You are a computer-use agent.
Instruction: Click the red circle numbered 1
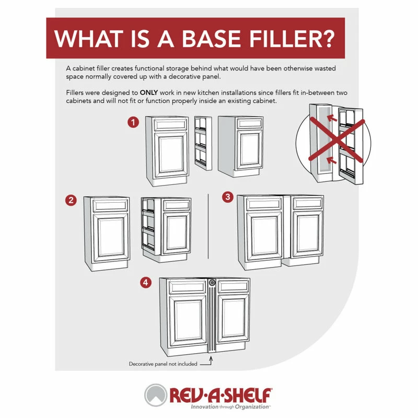134,122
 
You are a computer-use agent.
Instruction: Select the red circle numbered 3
227,197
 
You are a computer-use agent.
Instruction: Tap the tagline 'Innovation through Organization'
222,406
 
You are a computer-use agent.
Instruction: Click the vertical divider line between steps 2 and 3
208,225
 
